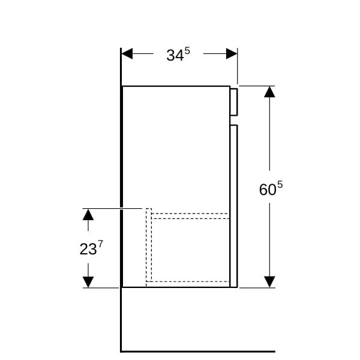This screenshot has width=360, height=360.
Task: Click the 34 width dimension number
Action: click(175, 55)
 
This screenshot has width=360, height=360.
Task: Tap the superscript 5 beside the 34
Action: click(187, 51)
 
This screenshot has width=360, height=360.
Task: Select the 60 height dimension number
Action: click(268, 190)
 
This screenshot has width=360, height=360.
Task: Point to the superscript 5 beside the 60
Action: click(280, 185)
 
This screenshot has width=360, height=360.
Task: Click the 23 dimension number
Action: click(88, 249)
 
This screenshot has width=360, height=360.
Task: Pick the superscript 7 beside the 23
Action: click(100, 244)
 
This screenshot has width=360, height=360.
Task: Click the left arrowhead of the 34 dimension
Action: click(127, 54)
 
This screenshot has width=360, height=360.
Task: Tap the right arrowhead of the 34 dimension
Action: click(232, 54)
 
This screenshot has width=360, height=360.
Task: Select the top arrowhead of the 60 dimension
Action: click(269, 92)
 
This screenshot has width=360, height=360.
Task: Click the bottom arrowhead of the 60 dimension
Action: click(269, 282)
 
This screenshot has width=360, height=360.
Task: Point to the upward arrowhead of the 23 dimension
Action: click(88, 214)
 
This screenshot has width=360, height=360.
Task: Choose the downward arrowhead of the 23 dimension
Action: click(88, 282)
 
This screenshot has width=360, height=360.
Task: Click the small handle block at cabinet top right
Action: click(234, 102)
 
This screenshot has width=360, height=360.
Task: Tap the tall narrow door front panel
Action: click(234, 206)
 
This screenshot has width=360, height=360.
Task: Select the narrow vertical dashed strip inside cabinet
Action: click(149, 245)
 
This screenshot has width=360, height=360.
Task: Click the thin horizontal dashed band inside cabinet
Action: click(190, 216)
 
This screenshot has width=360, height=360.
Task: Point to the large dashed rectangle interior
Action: click(190, 250)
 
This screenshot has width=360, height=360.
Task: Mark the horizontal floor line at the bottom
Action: click(198, 352)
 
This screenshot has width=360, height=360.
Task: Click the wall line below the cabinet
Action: click(121, 319)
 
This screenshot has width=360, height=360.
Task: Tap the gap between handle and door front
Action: click(234, 121)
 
